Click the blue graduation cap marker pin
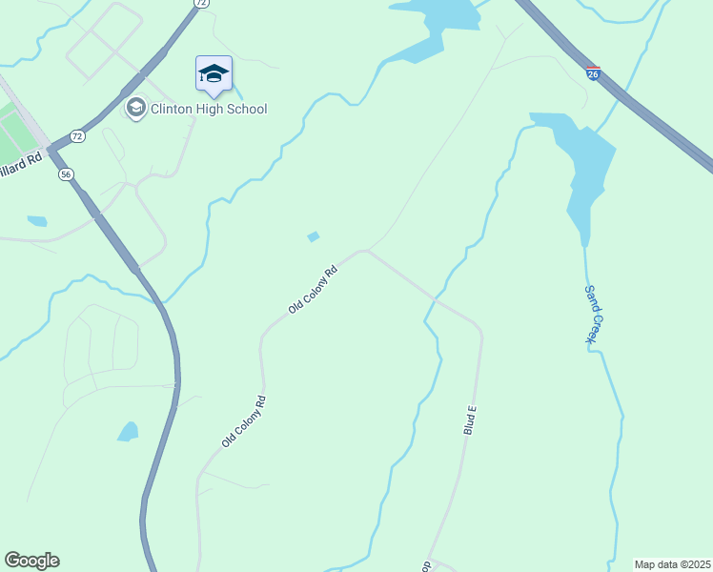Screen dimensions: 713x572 214,74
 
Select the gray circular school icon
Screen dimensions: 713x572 136,109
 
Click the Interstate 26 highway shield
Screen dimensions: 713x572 593,74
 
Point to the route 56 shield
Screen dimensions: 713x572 65,174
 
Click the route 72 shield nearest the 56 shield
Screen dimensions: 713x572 77,137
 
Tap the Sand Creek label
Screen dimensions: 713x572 593,315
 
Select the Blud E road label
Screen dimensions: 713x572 469,419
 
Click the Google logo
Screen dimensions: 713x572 31,561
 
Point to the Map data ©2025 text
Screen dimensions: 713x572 672,564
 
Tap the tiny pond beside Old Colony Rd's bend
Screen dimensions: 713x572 313,236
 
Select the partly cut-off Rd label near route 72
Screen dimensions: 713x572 21,161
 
